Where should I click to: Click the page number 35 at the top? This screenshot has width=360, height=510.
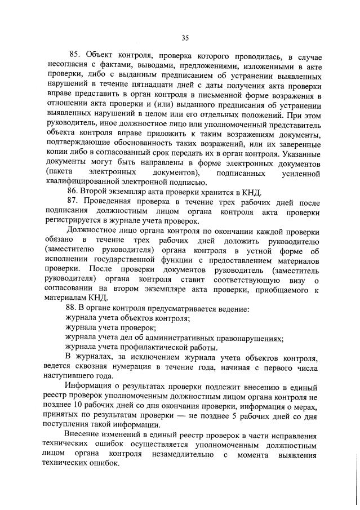tap(185, 38)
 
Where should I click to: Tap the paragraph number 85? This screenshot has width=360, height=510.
tap(75, 55)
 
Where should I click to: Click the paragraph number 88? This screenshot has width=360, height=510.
tap(73, 308)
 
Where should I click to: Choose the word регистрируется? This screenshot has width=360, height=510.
tap(70, 221)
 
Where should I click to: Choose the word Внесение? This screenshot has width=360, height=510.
tap(82, 435)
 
